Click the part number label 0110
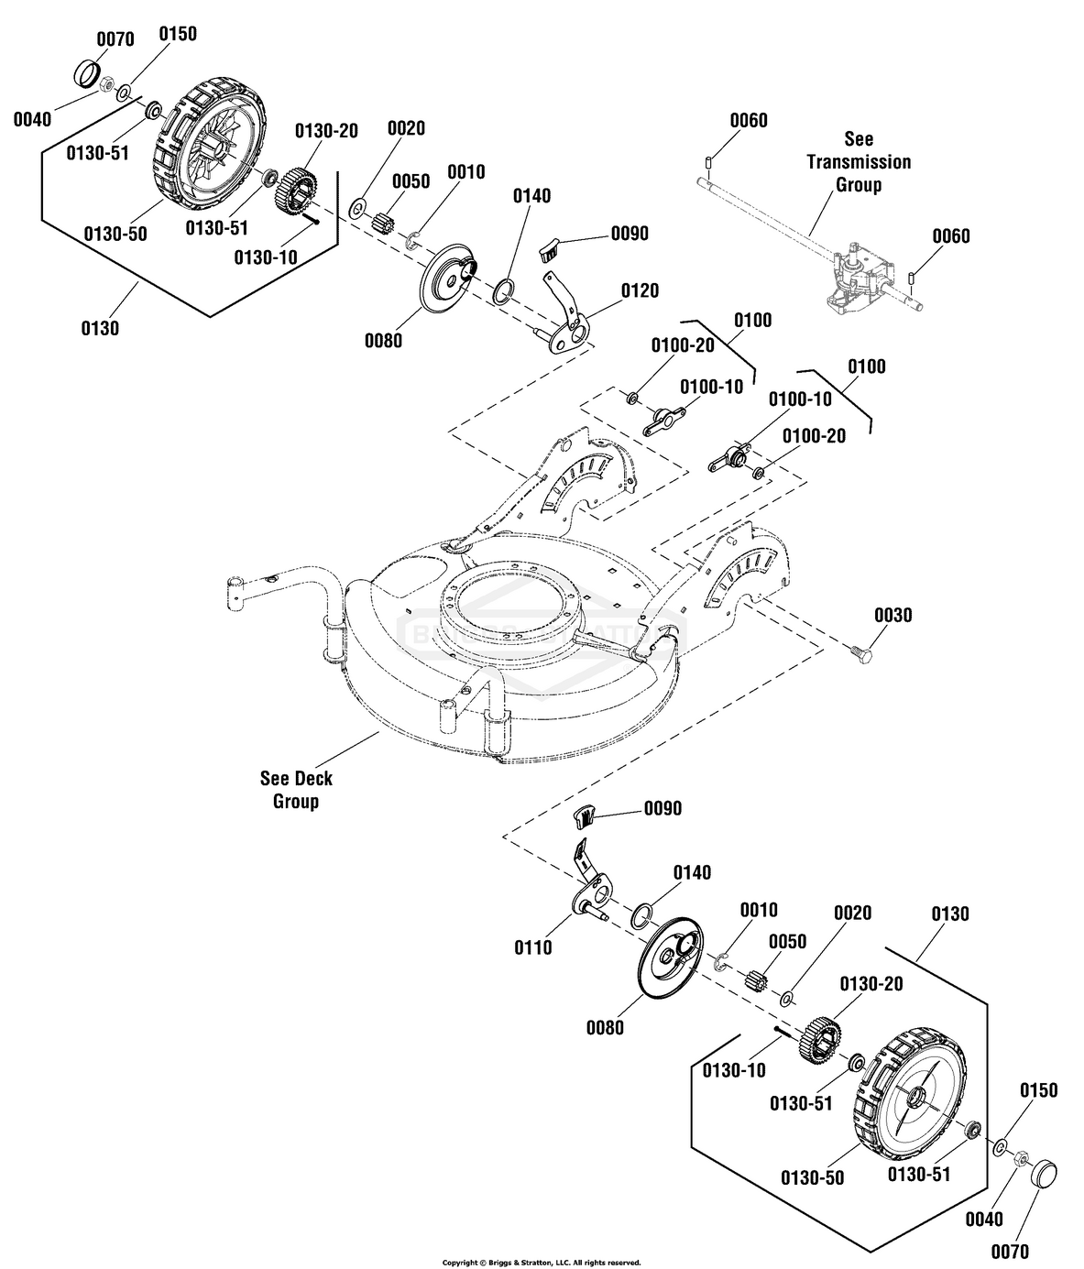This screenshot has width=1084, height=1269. [x=532, y=947]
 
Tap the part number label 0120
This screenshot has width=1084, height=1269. [x=640, y=290]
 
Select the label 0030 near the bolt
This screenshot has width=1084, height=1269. [x=893, y=615]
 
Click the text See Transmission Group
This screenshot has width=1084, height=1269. [x=859, y=161]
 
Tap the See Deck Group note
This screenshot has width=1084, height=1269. [x=296, y=790]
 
